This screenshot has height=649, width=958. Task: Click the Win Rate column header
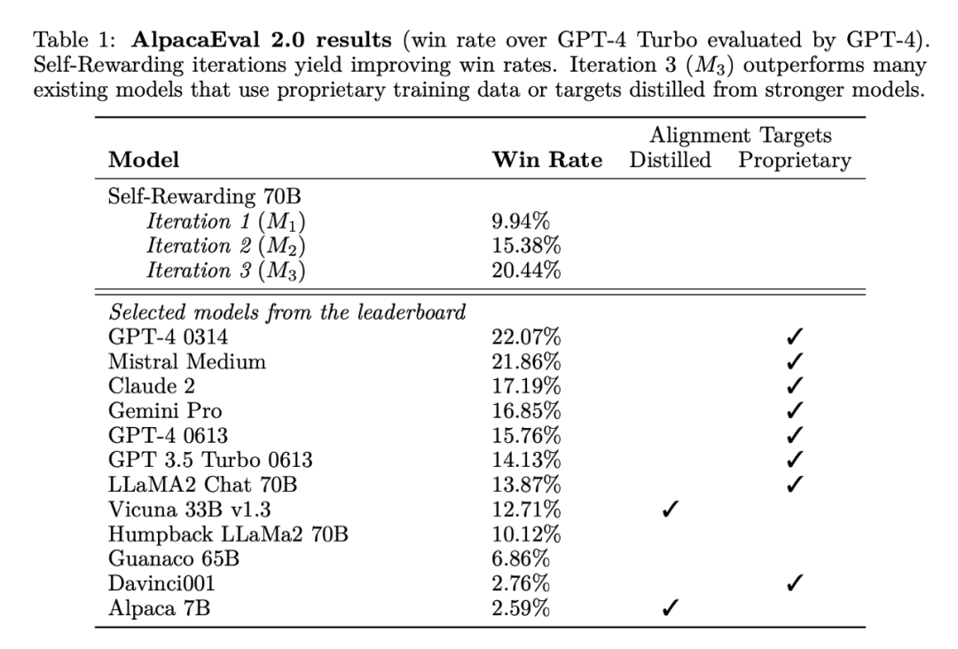546,161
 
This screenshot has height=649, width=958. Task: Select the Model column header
143,161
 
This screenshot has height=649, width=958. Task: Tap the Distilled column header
671,161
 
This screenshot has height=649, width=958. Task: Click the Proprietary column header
795,161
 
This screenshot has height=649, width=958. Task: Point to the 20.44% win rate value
526,271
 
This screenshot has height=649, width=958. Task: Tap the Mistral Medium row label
186,361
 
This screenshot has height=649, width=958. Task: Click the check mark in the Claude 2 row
795,386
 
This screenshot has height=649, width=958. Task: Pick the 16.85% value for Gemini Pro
526,411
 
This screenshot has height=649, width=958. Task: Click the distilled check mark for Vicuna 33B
671,510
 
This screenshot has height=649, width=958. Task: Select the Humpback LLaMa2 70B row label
228,534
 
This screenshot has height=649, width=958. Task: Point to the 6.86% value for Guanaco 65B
521,559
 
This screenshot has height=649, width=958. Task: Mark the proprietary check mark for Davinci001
795,584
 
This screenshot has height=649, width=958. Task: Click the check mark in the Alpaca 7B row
671,609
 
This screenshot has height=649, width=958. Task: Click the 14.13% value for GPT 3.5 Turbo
526,461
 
